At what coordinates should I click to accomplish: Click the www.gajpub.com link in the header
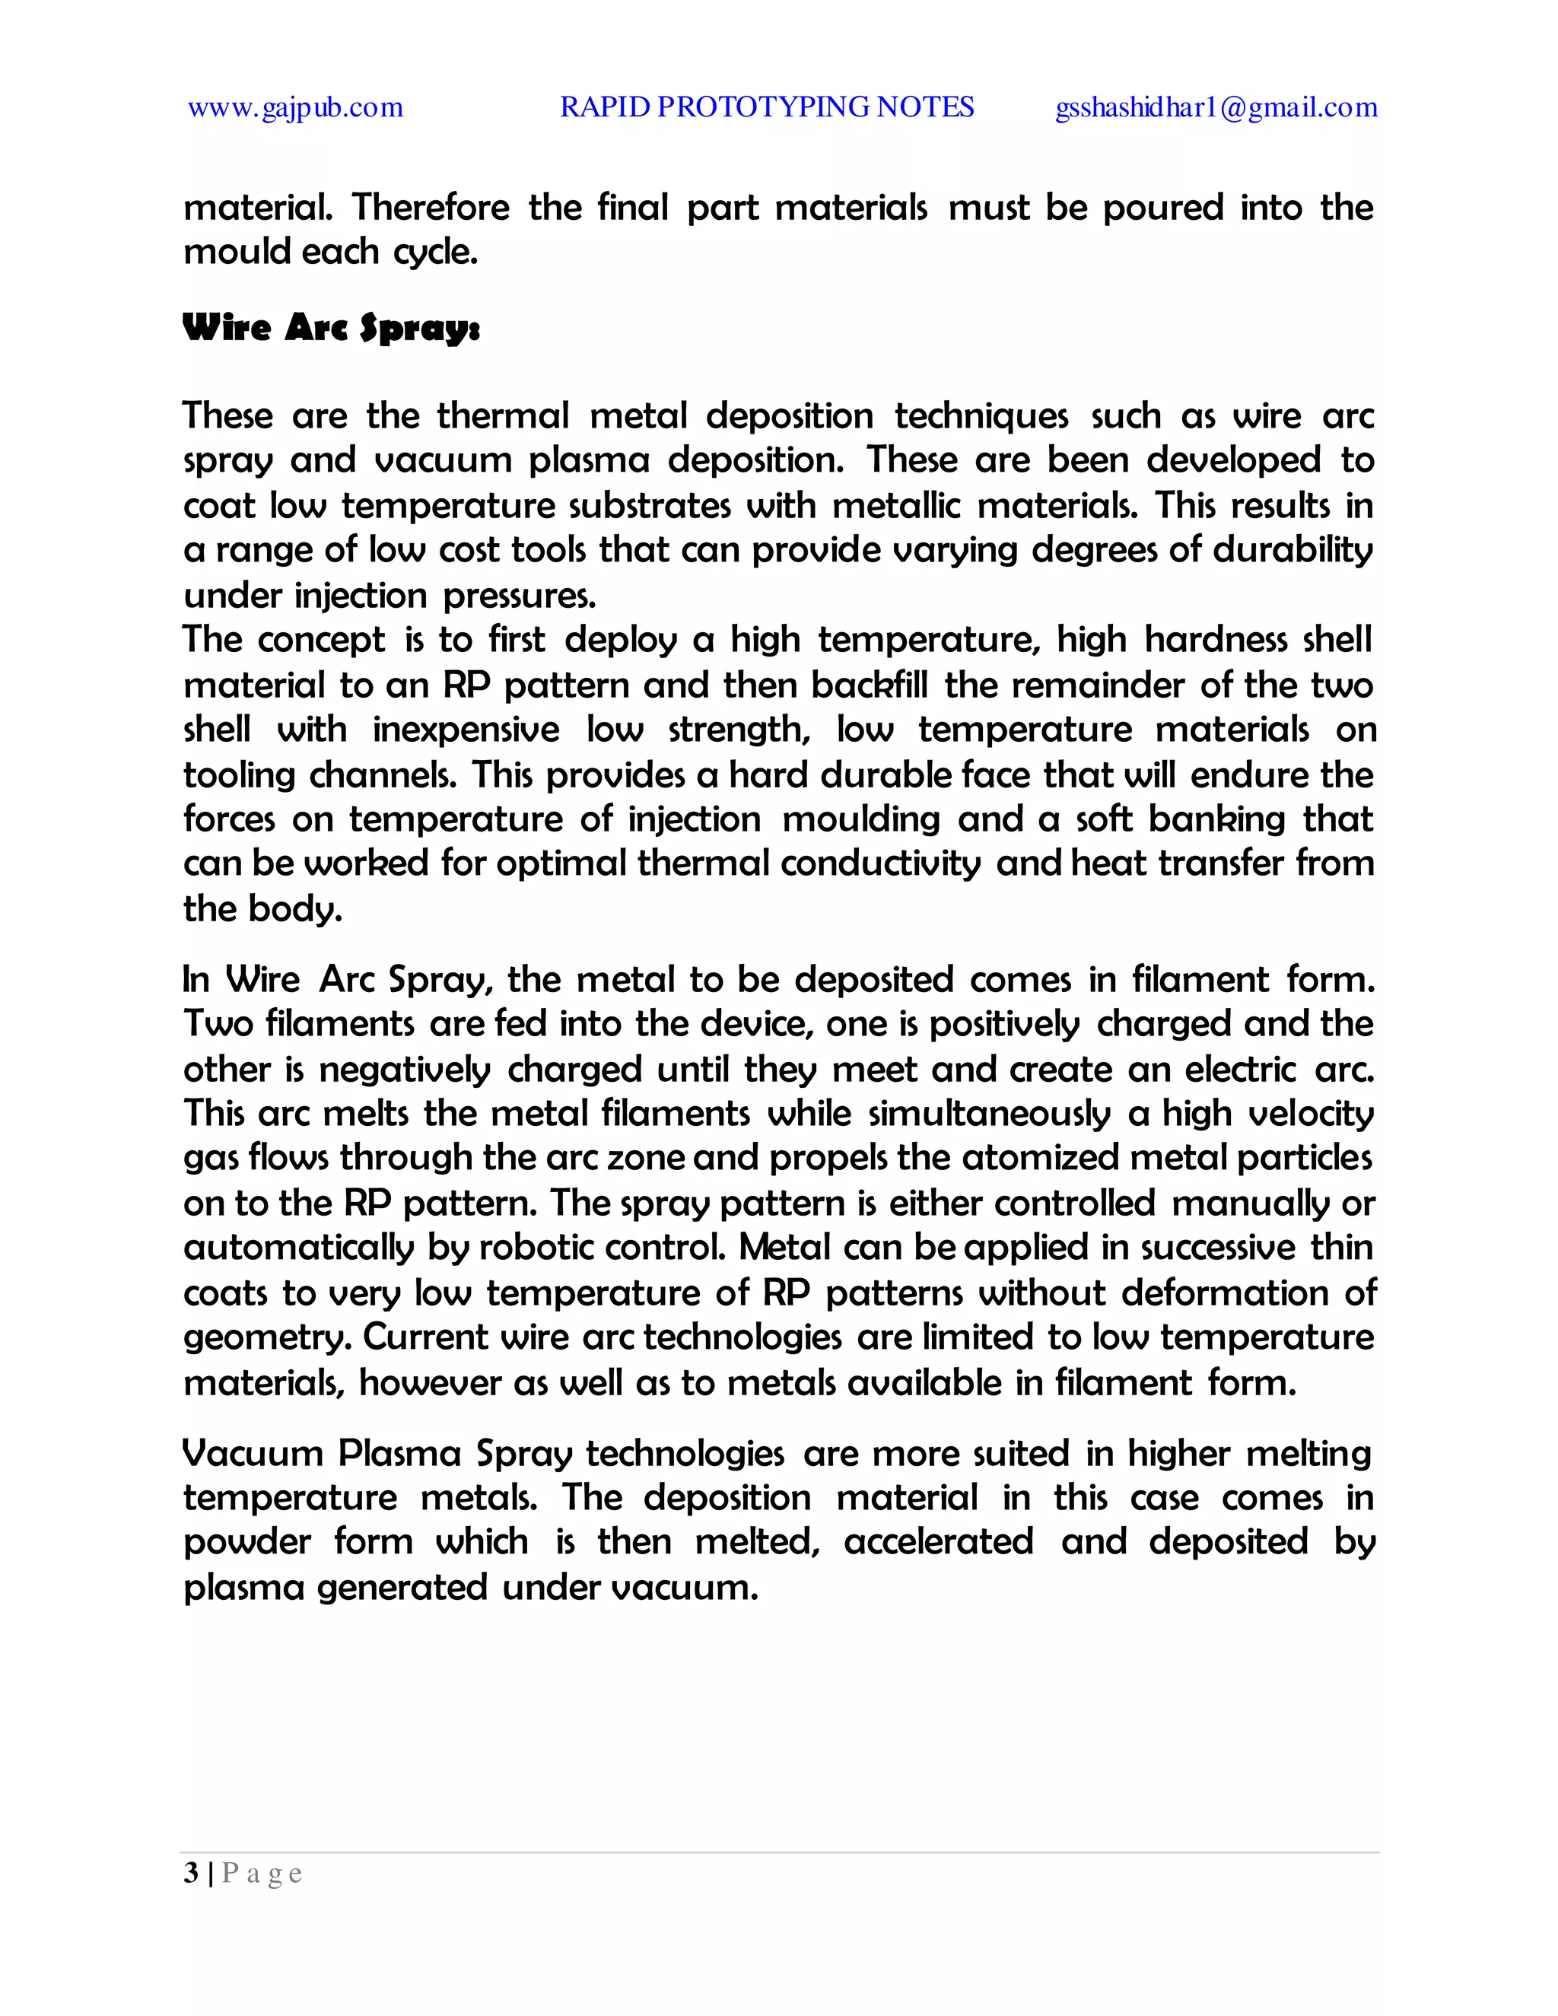[x=295, y=108]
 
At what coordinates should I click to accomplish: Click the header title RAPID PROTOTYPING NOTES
[x=766, y=107]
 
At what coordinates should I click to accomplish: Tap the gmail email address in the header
[x=1216, y=108]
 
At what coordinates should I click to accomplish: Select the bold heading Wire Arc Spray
[x=332, y=328]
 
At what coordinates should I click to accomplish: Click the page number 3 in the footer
[x=191, y=1873]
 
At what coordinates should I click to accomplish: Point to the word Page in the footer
[x=262, y=1874]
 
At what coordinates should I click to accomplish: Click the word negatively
[x=404, y=1069]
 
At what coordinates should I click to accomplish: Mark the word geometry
[x=267, y=1337]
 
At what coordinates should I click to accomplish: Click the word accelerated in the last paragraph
[x=938, y=1541]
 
